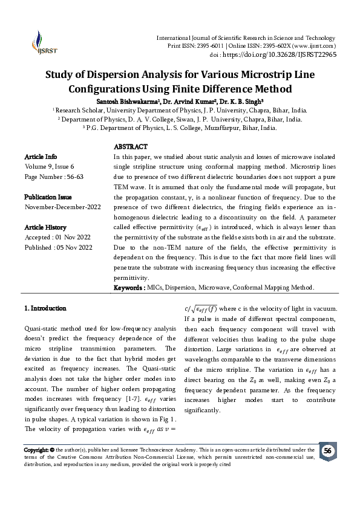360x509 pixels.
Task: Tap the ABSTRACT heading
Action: pos(131,147)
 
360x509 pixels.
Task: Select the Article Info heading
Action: pos(41,156)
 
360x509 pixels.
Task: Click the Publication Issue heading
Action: pos(48,197)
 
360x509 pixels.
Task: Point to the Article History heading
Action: pos(45,227)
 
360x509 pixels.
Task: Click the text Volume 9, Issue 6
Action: pos(49,166)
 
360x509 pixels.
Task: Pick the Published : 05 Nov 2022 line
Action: pos(57,247)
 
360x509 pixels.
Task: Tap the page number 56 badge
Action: pos(327,450)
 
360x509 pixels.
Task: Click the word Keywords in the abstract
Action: pos(129,287)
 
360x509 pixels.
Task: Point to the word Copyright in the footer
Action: pos(36,450)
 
